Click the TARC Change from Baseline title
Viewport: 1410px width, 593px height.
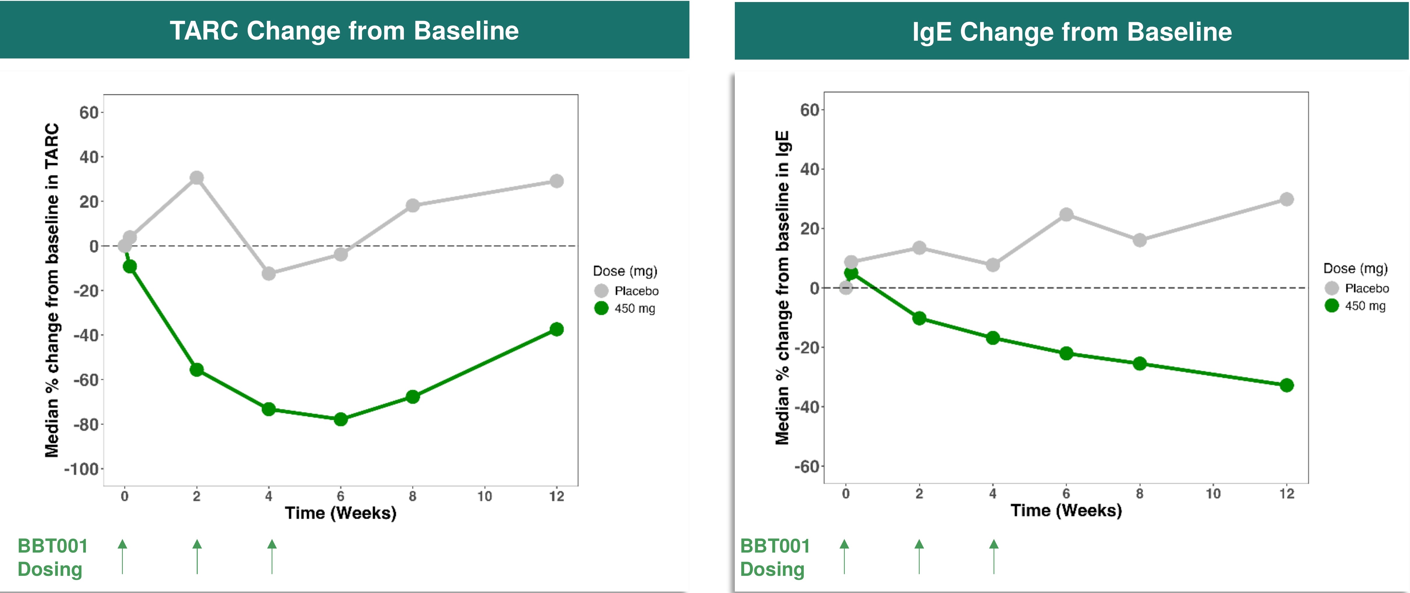tap(344, 31)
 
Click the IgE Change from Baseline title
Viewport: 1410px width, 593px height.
tap(1072, 32)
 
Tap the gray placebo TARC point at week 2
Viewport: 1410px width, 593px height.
tap(196, 178)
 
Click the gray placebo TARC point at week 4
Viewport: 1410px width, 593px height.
tap(269, 273)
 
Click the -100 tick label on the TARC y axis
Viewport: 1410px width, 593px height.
tap(81, 469)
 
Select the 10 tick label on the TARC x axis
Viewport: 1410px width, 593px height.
tap(485, 496)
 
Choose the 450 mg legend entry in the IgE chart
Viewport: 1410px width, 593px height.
tap(1355, 306)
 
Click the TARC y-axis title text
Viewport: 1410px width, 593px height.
tap(52, 290)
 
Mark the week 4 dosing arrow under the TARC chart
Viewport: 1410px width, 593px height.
tap(272, 556)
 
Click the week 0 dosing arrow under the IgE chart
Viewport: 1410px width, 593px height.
tap(845, 556)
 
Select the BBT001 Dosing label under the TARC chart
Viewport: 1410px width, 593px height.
tap(53, 558)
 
